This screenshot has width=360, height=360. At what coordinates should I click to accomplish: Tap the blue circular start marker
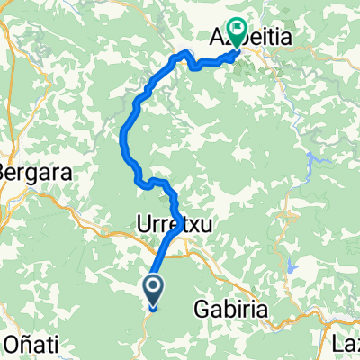coord(153,288)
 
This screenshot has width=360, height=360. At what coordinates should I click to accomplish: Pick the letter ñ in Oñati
coord(20,344)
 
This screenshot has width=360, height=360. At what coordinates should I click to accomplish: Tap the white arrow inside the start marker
coord(153,288)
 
